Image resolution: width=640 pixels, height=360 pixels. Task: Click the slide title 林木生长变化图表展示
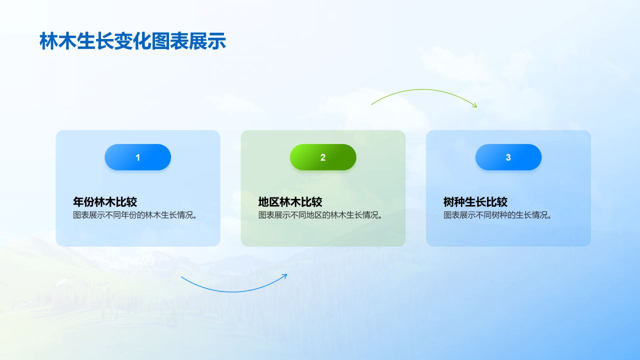132,41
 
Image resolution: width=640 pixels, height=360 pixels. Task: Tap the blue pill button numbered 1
137,157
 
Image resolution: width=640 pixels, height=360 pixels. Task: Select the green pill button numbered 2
323,157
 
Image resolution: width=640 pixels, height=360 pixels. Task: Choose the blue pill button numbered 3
508,157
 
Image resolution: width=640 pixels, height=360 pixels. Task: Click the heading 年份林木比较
105,202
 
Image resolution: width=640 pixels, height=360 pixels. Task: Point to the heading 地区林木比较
290,202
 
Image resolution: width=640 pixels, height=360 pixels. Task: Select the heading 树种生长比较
475,202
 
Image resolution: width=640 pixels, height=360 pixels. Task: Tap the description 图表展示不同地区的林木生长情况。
320,215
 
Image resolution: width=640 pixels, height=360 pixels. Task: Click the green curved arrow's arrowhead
475,106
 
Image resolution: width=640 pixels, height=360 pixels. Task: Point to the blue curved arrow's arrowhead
285,275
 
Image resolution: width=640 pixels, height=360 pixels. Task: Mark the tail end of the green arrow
371,104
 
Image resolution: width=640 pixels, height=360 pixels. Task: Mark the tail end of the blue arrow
181,276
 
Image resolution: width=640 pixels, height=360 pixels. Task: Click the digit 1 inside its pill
137,157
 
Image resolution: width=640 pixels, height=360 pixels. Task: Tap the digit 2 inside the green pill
323,157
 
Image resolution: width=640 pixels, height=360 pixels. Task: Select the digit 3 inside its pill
508,157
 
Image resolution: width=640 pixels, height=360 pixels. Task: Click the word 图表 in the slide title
170,41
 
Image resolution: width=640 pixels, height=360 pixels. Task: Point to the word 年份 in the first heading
83,202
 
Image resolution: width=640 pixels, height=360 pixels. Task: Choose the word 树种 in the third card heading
454,202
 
